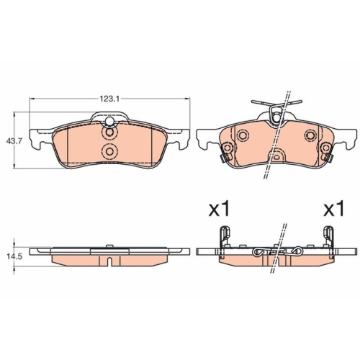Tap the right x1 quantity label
[x=333, y=210]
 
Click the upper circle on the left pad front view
[x=109, y=132]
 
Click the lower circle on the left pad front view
[x=109, y=150]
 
